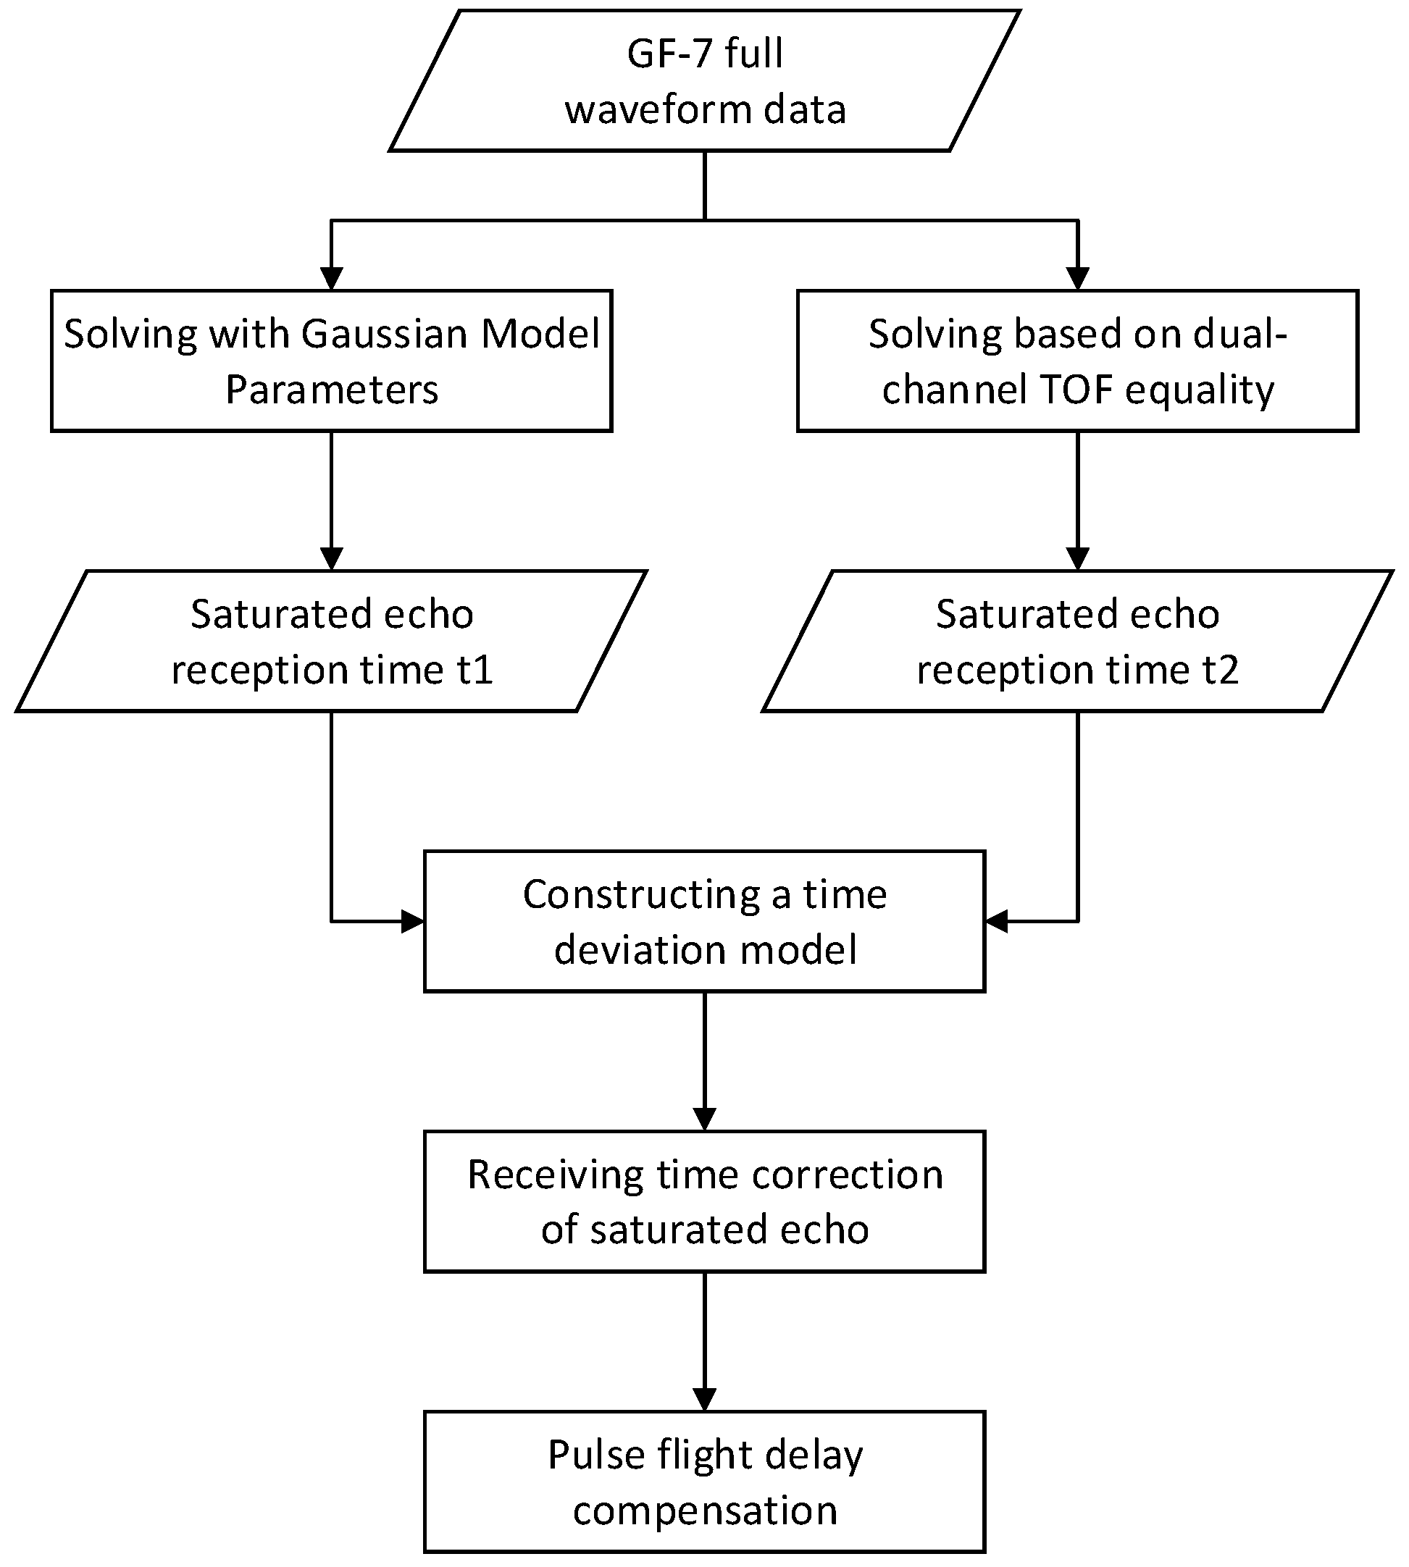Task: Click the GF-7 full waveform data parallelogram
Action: pos(704,80)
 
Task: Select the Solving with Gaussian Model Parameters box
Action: pos(331,361)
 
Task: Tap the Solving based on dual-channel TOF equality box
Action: pos(1078,361)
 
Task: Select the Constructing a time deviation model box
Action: pos(704,921)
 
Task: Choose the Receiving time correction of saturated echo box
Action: pos(704,1201)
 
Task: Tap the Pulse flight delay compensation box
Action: pos(704,1481)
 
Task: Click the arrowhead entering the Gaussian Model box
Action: pos(331,280)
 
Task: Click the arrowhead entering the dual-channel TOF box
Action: pos(1078,280)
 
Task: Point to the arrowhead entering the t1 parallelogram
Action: pos(331,559)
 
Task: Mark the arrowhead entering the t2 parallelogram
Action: pos(1078,559)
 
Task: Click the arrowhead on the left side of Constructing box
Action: pos(413,922)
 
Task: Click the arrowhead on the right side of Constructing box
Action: pos(996,922)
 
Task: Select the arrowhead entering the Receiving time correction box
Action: pos(704,1119)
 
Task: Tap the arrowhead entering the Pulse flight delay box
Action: pos(704,1399)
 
